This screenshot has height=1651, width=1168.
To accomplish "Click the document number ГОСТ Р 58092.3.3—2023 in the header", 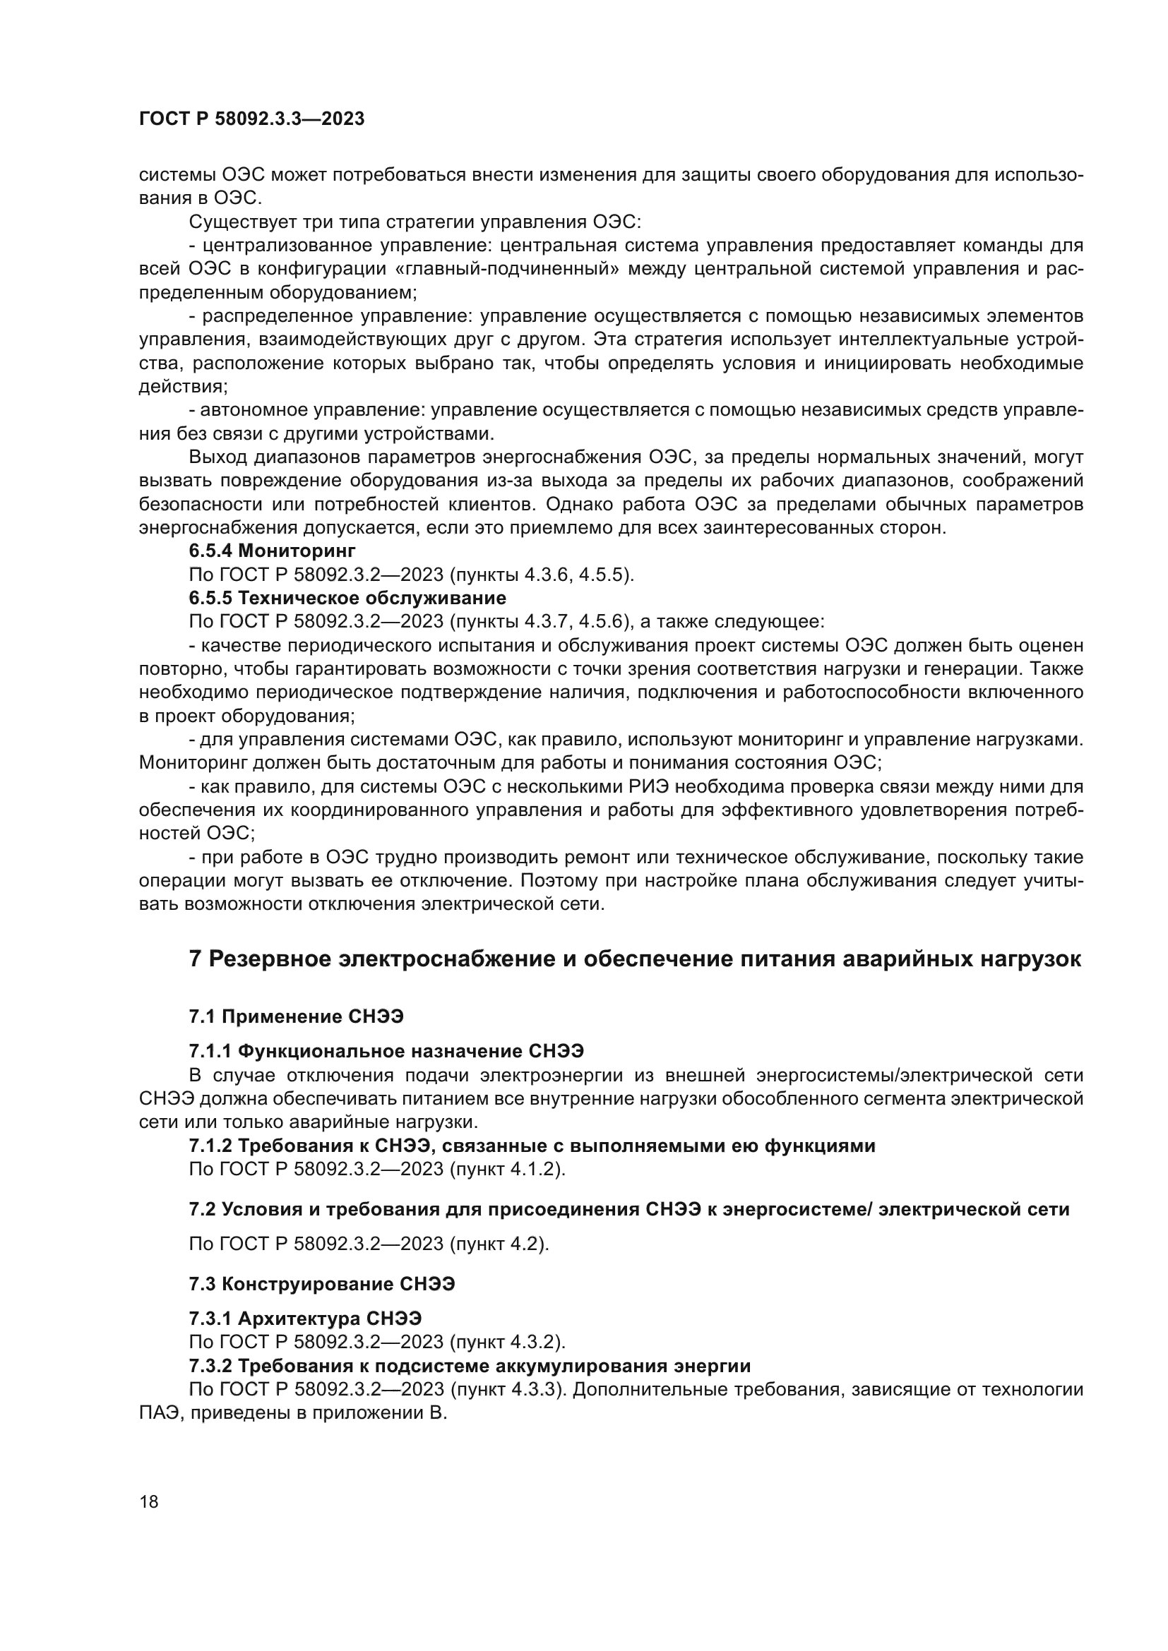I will tap(251, 119).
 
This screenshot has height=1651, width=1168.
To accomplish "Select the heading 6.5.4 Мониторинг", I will tap(273, 551).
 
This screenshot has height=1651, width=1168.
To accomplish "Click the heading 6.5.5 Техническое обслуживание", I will tap(347, 598).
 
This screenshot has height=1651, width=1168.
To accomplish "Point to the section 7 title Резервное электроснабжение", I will tap(635, 959).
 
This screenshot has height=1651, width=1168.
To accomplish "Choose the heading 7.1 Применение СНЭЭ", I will tap(297, 1016).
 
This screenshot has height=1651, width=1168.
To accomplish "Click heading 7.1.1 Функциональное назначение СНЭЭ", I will tap(386, 1051).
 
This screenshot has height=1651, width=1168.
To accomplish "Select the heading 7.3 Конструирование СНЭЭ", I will tap(322, 1283).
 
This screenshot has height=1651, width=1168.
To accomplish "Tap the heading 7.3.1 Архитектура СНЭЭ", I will tap(306, 1318).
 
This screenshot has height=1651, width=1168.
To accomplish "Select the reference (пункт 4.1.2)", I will tap(508, 1168).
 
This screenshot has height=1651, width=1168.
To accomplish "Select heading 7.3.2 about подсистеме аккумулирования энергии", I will tap(470, 1365).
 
